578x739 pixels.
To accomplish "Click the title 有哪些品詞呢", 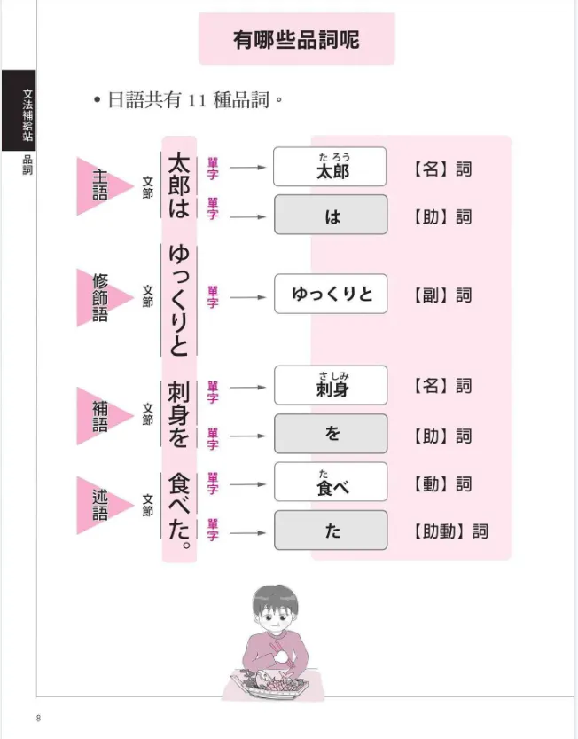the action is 296,40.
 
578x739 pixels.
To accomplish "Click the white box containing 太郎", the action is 330,167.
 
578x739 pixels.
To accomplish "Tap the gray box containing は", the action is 331,215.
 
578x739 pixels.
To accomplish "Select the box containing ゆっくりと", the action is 331,294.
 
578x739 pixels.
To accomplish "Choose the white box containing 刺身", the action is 331,386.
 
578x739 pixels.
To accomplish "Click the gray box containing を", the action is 331,434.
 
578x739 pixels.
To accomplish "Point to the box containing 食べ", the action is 331,482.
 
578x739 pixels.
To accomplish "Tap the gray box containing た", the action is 331,531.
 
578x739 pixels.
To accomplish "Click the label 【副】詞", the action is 441,295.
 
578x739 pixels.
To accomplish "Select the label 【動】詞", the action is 441,484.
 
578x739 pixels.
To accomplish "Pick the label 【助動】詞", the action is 450,531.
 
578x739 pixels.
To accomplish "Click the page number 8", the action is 39,719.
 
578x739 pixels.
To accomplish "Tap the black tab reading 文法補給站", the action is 19,110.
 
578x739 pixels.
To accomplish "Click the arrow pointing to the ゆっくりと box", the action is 248,297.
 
